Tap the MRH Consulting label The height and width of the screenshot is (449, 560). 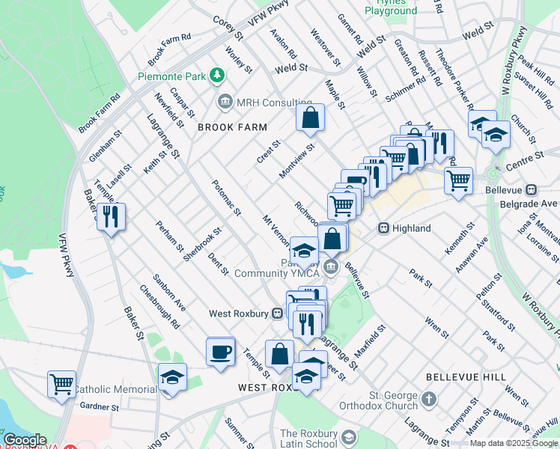click(x=273, y=102)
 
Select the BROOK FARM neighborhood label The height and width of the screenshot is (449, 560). click(x=232, y=128)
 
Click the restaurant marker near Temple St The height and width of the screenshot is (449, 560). click(x=111, y=217)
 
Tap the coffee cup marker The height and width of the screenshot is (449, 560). click(x=221, y=352)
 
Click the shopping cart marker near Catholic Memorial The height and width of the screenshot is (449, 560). click(x=61, y=384)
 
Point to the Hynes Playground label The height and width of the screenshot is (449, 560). click(x=390, y=10)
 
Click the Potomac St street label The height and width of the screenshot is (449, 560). click(x=225, y=198)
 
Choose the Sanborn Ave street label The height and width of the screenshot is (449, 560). click(x=171, y=296)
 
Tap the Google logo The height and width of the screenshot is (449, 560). click(x=24, y=440)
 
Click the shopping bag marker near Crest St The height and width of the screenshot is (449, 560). click(x=310, y=118)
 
